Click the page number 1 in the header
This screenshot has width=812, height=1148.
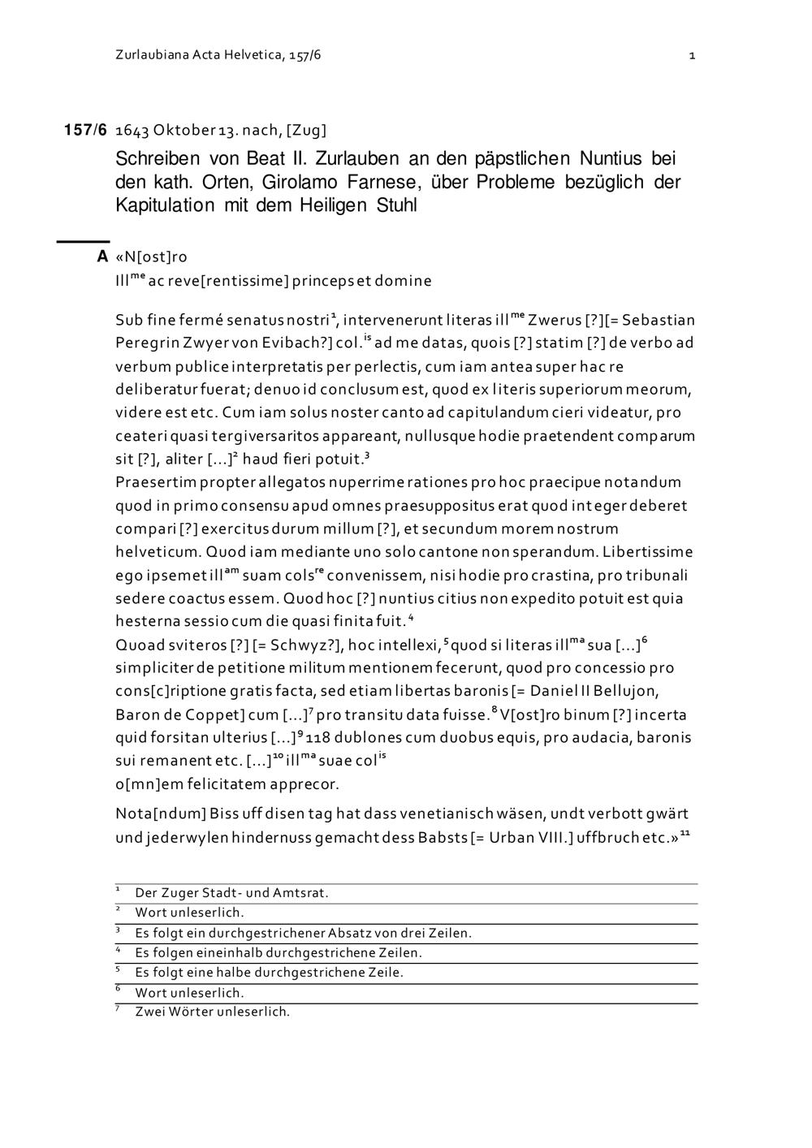coord(692,55)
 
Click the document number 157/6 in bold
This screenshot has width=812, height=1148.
coord(85,130)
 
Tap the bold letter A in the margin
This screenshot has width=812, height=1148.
coord(102,257)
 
